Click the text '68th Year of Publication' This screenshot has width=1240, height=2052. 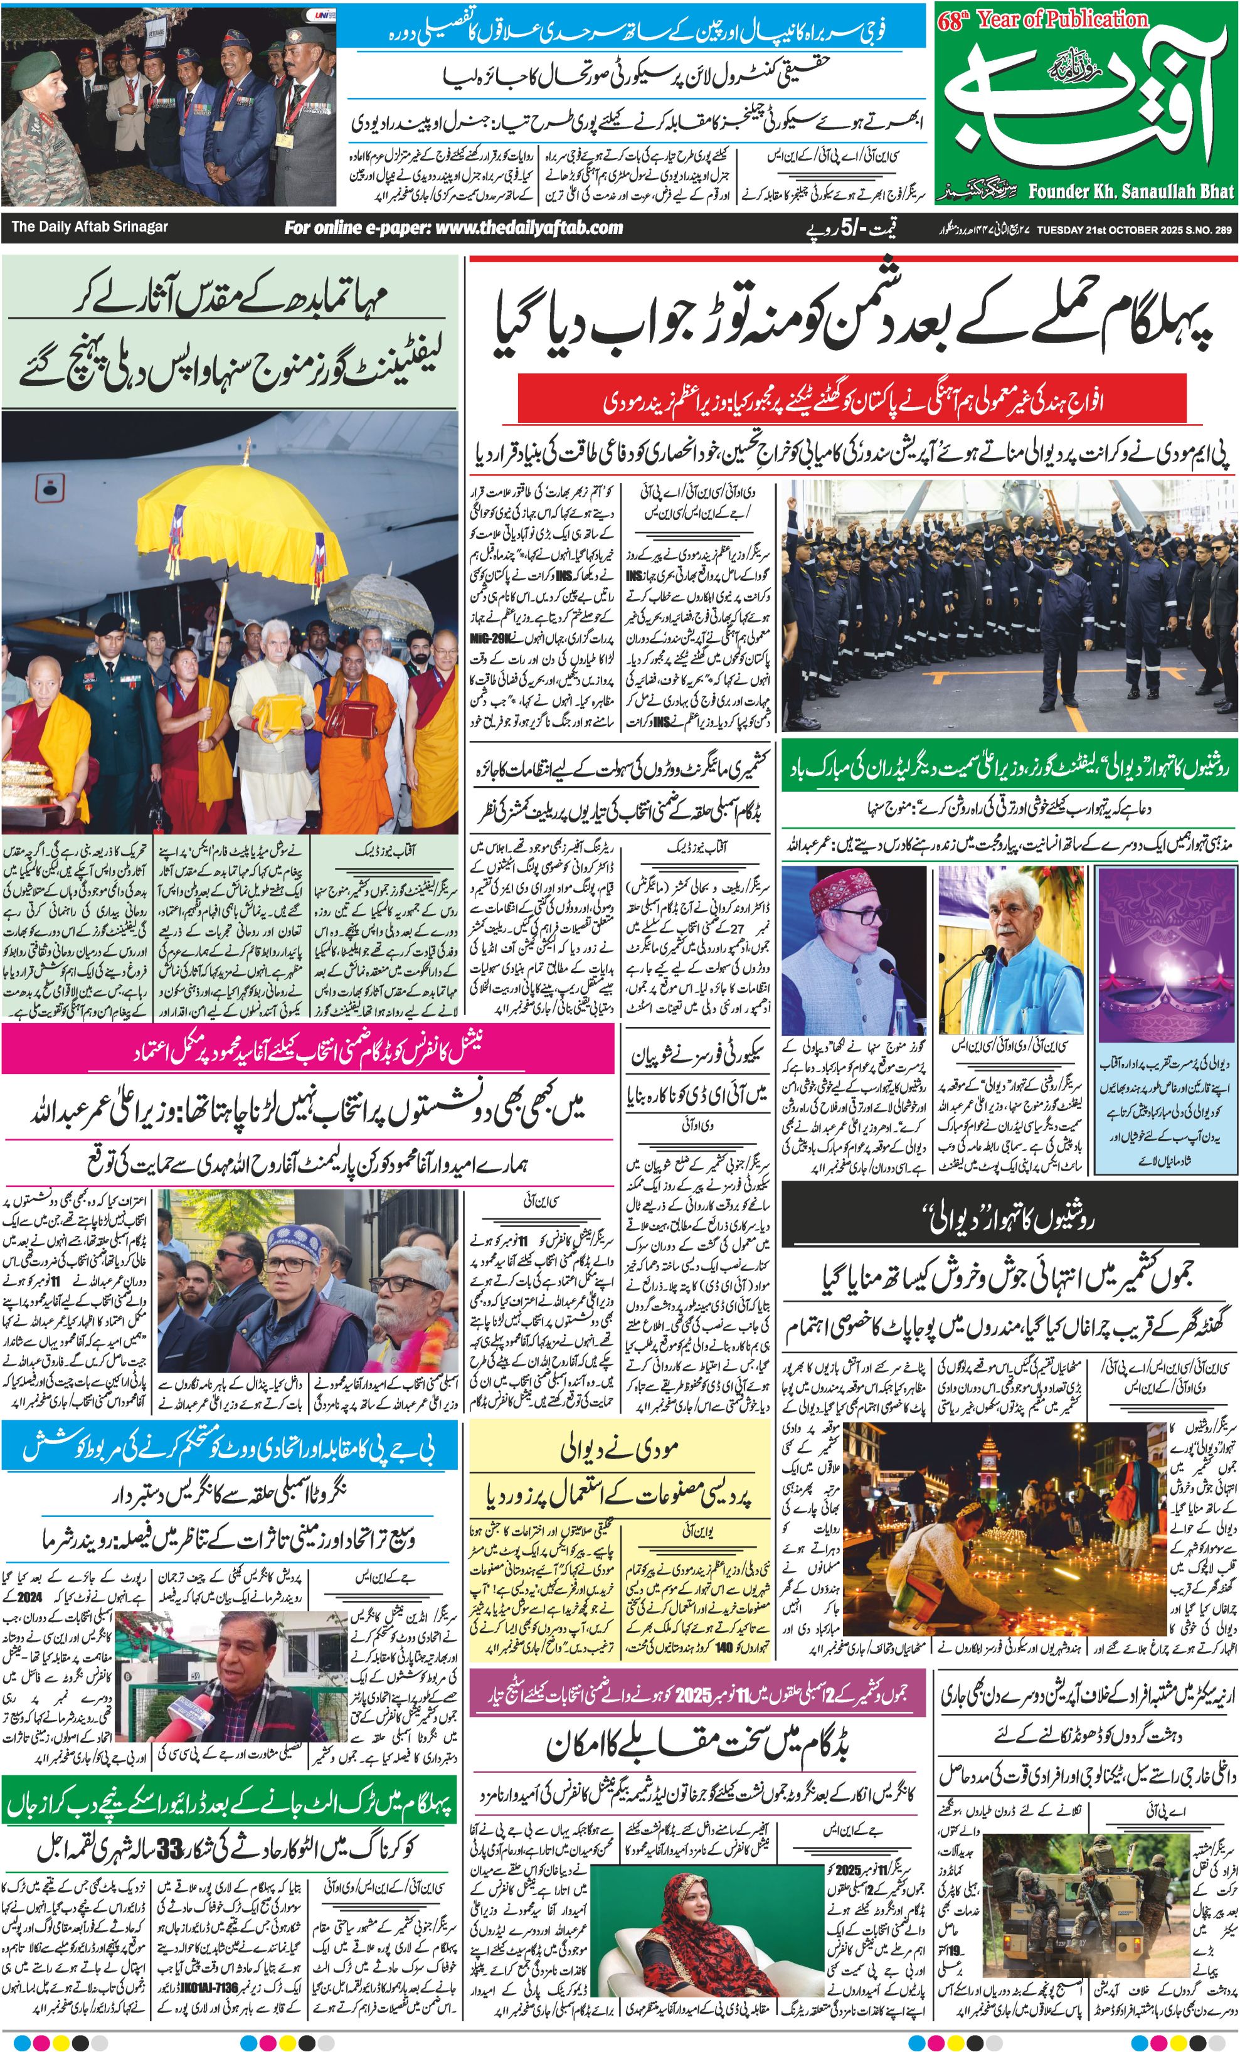tap(1042, 20)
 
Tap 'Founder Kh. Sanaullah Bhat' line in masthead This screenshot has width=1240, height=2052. tap(1130, 191)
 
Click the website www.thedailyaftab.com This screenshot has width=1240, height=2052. tap(454, 227)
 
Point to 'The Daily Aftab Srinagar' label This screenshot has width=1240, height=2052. tap(89, 226)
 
